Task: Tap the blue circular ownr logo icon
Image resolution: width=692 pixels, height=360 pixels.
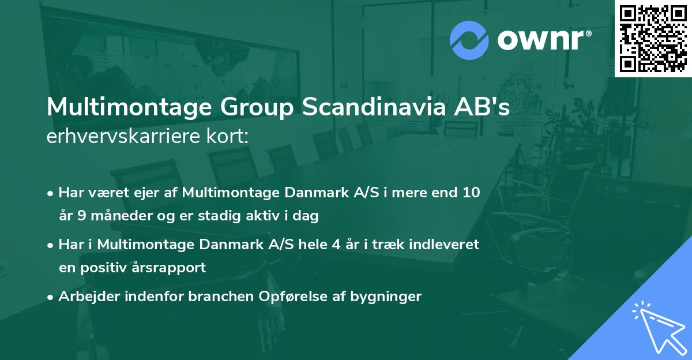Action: pos(469,40)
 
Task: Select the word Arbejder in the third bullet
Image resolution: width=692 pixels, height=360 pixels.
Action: pos(85,297)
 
